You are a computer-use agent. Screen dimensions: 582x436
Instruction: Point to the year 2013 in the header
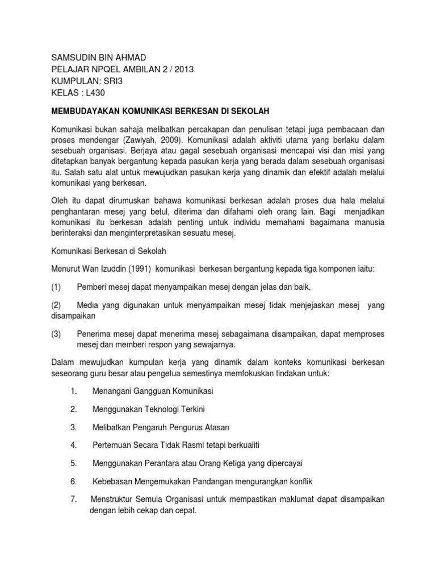[x=182, y=69]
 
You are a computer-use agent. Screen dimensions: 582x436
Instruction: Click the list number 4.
[x=74, y=445]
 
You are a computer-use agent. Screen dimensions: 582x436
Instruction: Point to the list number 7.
[x=74, y=499]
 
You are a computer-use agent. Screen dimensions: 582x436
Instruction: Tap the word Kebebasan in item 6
[x=112, y=481]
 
